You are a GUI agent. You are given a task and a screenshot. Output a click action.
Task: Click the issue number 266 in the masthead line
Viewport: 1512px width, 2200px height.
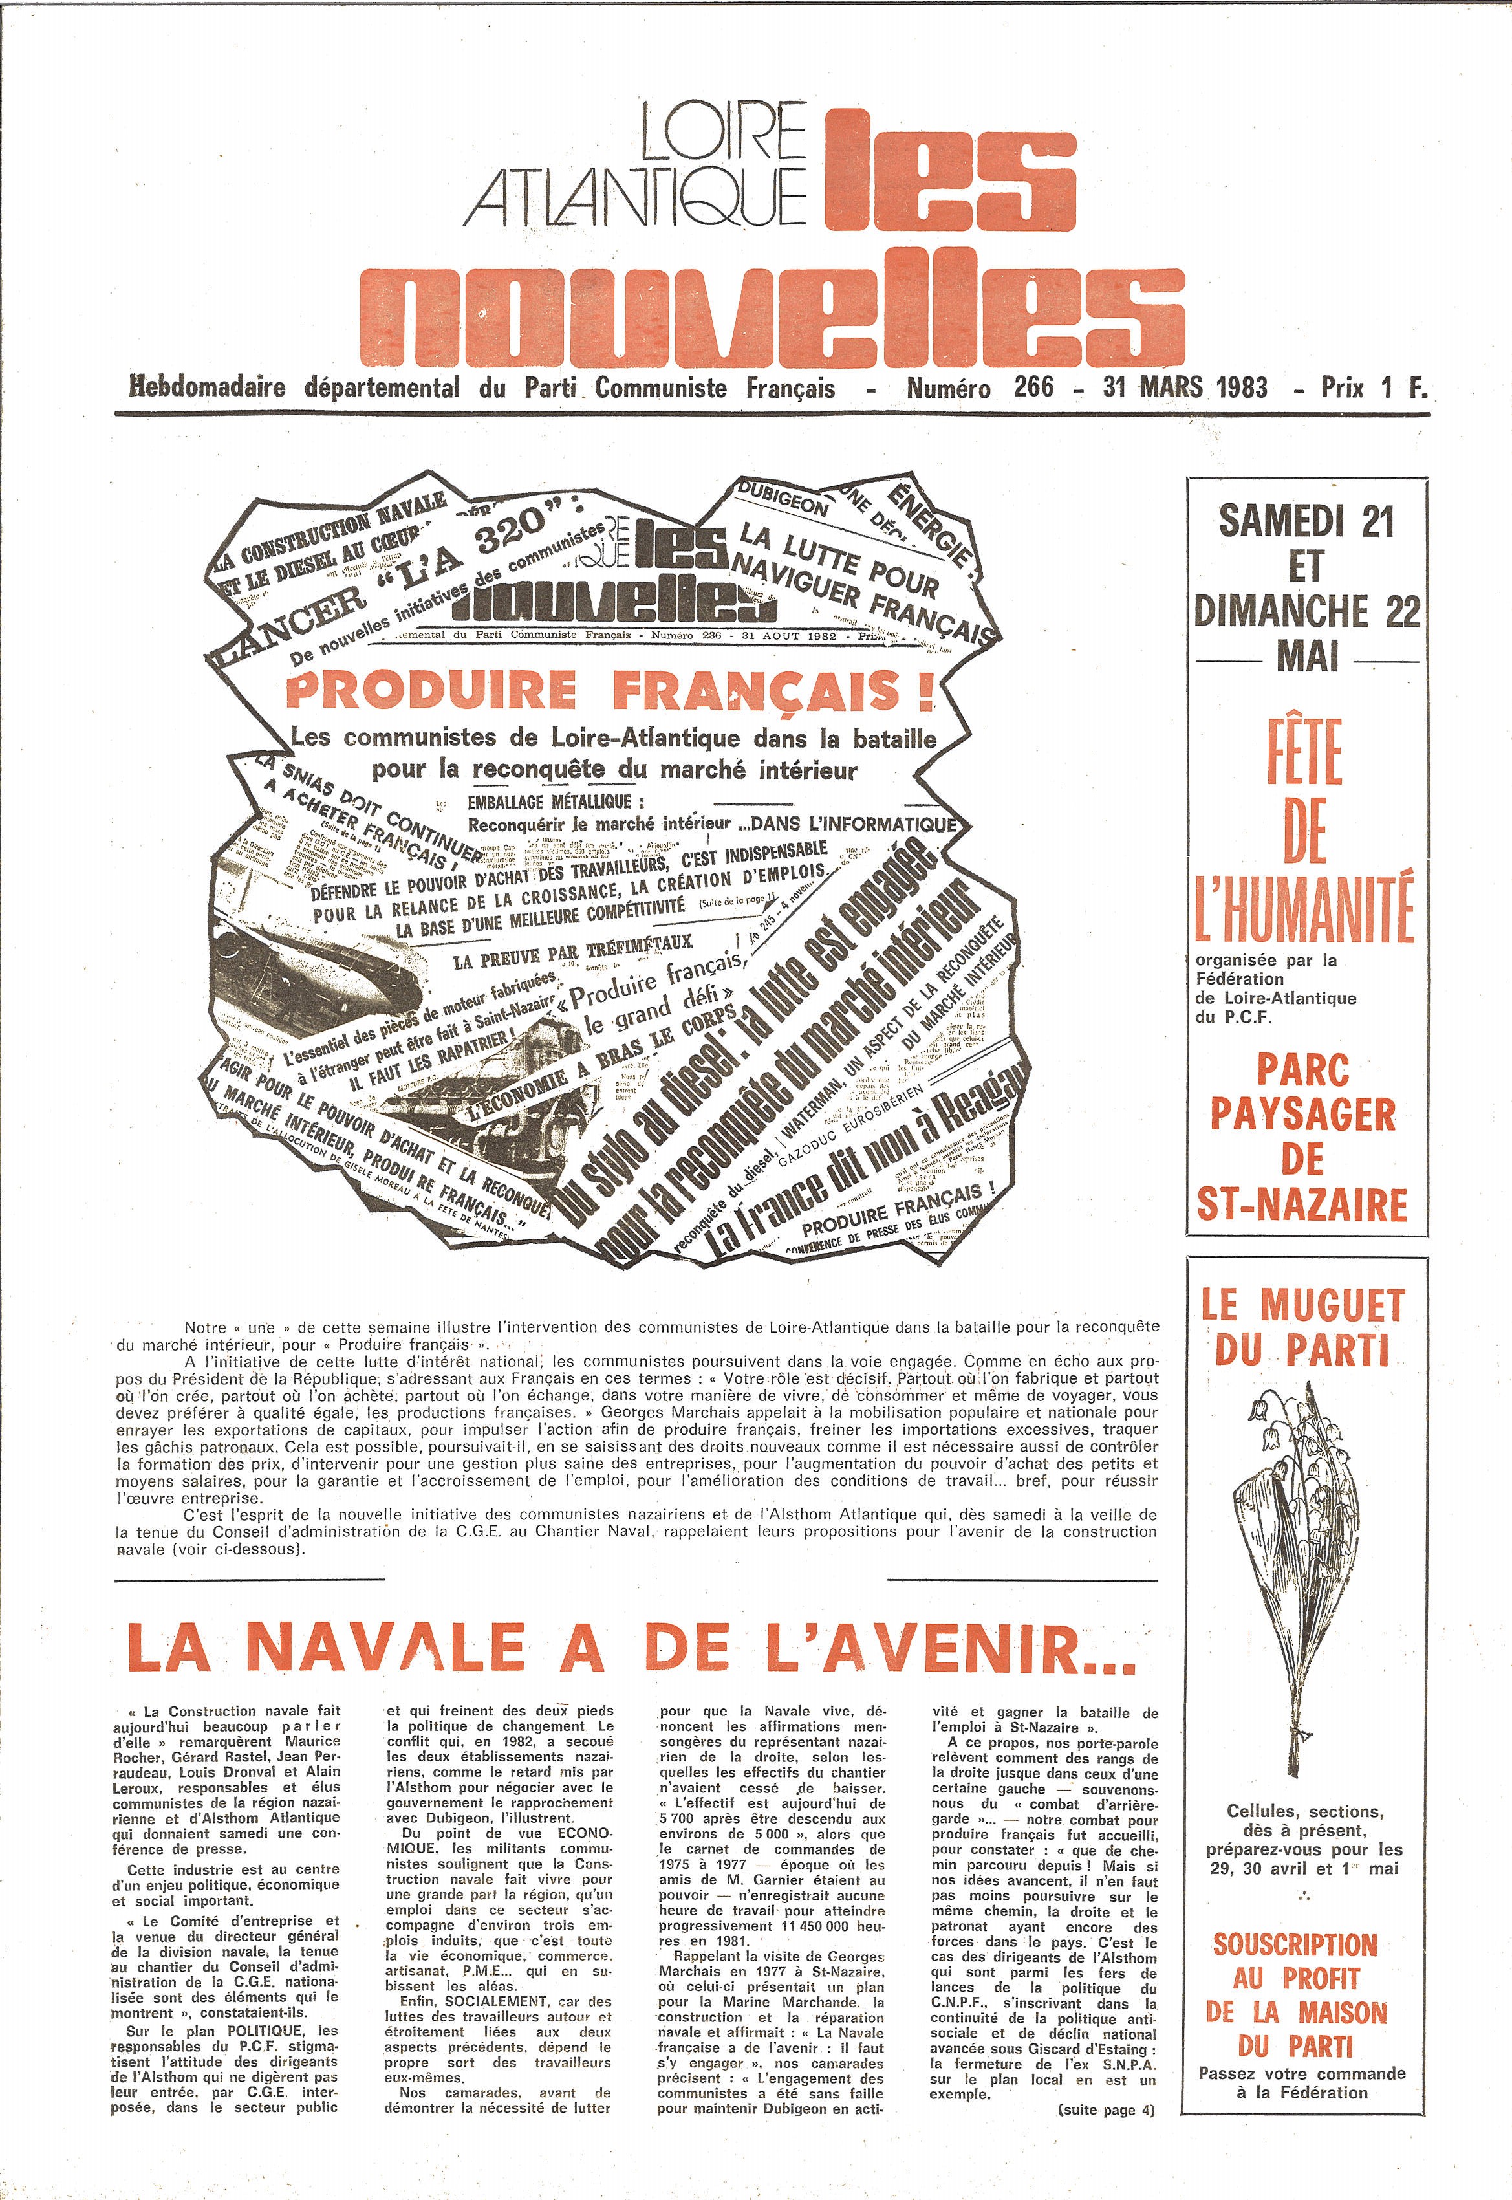pyautogui.click(x=1033, y=387)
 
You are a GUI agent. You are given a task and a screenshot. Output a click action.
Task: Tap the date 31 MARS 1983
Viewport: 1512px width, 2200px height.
pyautogui.click(x=1184, y=387)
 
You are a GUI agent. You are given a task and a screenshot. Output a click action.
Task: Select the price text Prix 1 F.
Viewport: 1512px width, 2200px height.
pyautogui.click(x=1374, y=387)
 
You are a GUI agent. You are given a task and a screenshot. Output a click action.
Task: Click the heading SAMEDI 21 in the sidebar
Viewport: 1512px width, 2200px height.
pyautogui.click(x=1306, y=521)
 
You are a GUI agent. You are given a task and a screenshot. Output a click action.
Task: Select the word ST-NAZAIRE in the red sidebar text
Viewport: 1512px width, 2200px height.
pyautogui.click(x=1302, y=1204)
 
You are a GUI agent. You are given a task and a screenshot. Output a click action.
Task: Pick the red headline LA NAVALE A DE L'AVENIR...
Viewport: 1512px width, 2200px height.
pyautogui.click(x=630, y=1649)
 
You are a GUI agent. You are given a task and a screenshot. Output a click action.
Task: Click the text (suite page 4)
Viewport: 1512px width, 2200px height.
pyautogui.click(x=1107, y=2110)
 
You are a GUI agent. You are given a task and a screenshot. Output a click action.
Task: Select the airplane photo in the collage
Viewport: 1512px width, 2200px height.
pyautogui.click(x=318, y=976)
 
